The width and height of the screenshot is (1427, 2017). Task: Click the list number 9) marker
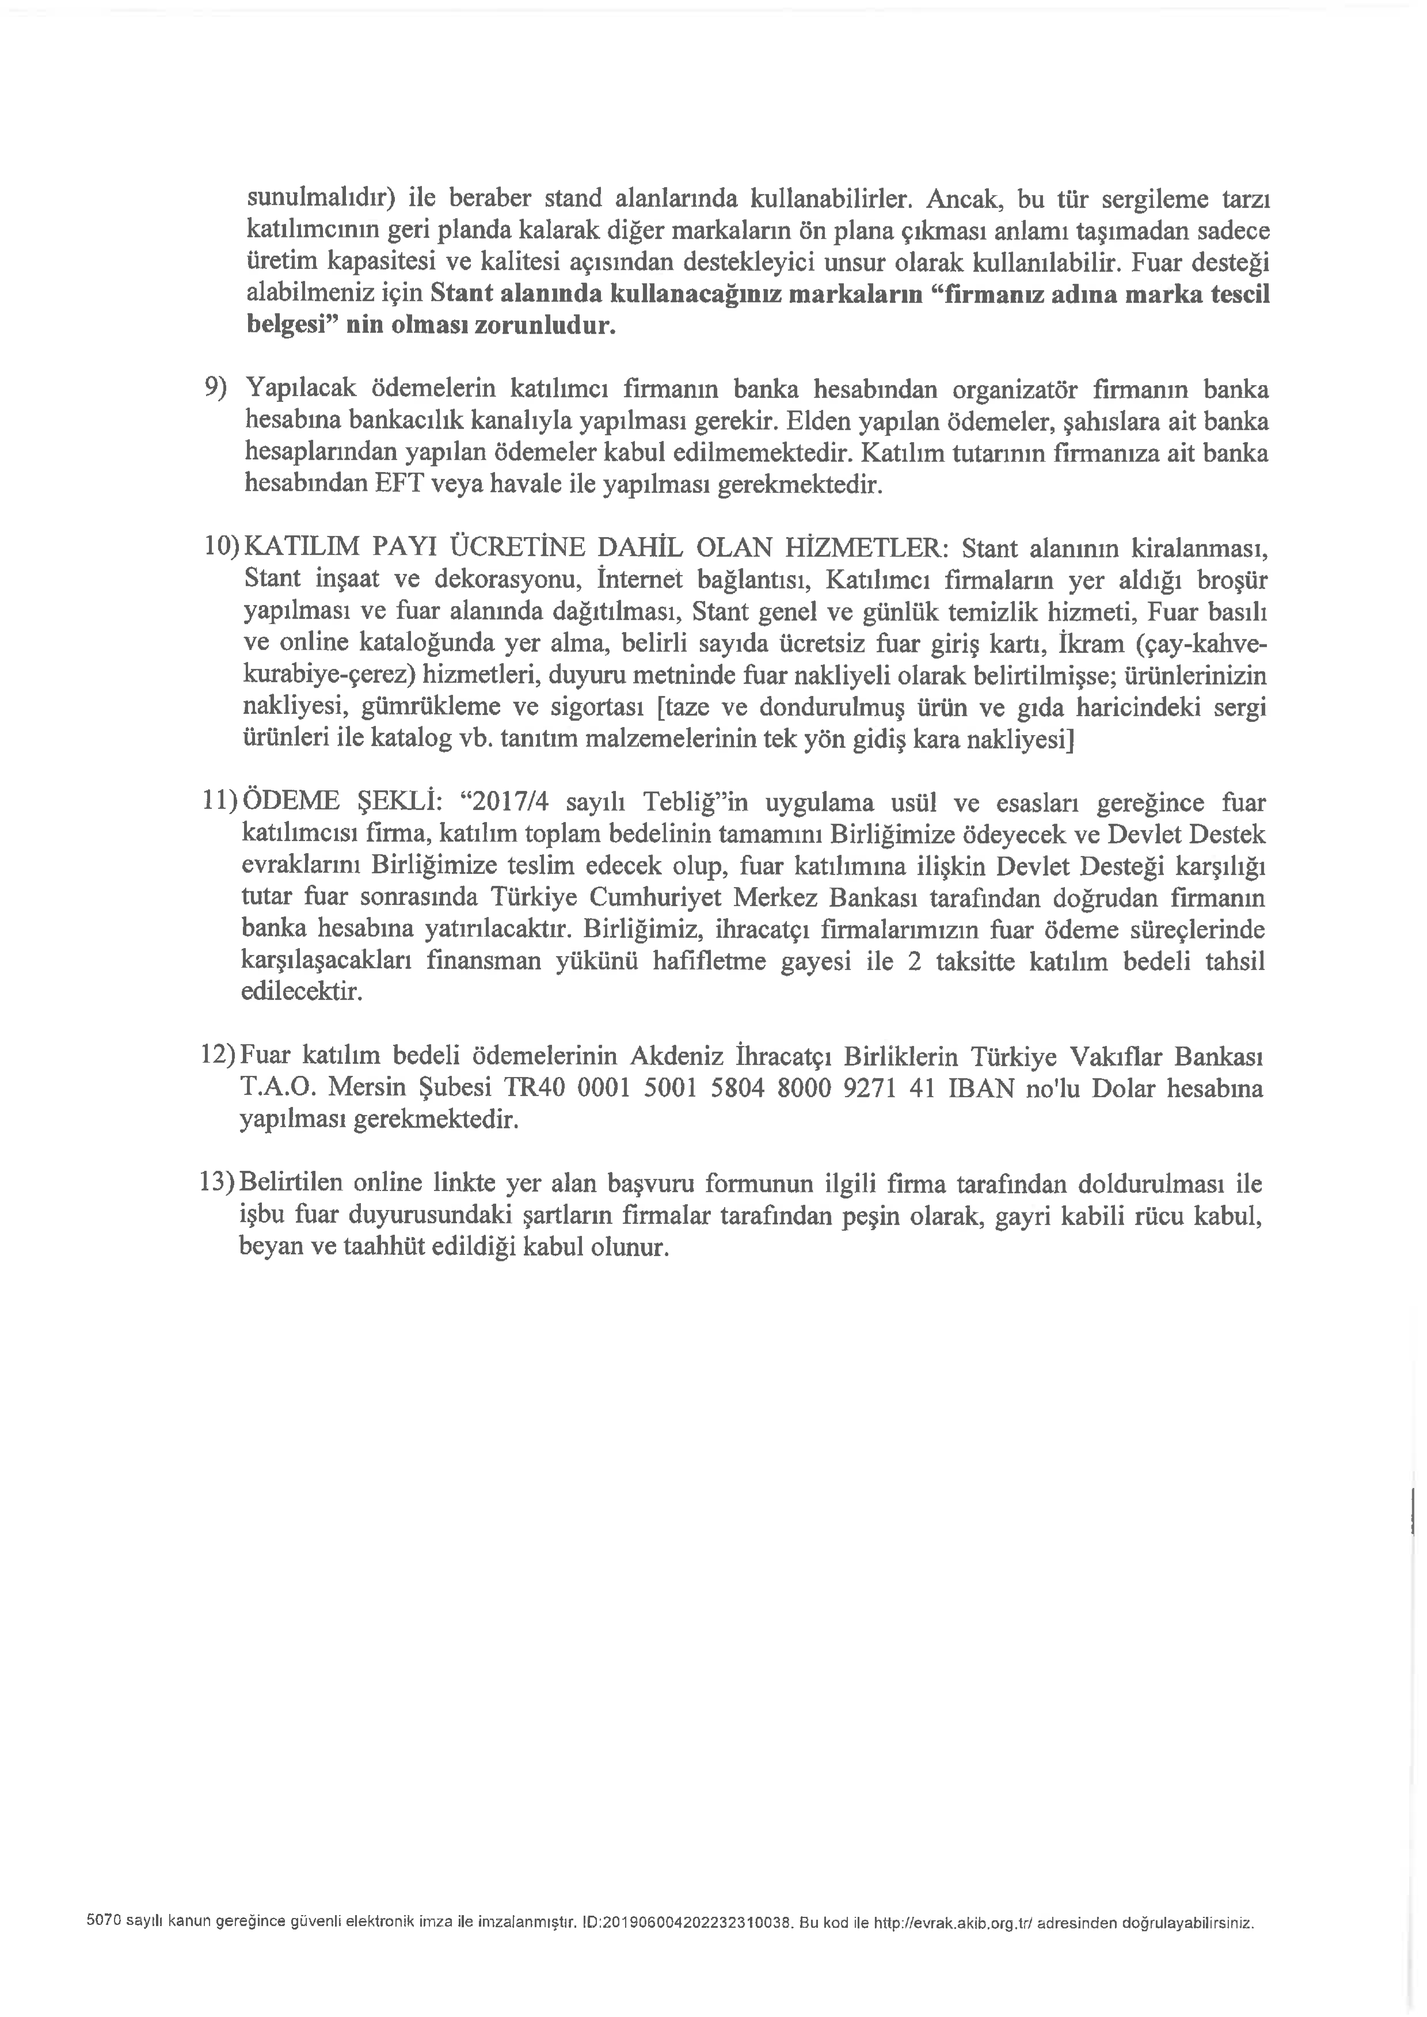coord(215,387)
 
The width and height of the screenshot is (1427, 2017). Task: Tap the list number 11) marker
coord(222,802)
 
